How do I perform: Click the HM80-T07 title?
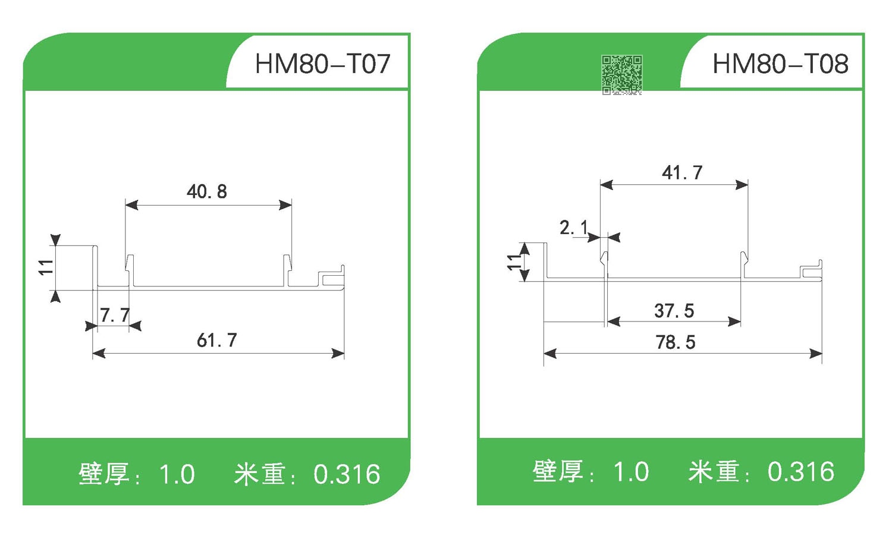[x=322, y=64]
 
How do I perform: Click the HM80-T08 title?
[x=780, y=64]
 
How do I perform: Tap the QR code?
[x=621, y=75]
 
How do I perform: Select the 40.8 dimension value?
[x=207, y=192]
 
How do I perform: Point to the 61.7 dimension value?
[x=217, y=340]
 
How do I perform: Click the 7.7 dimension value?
[x=115, y=315]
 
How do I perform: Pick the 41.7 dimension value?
[x=682, y=173]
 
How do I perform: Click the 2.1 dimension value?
[x=574, y=228]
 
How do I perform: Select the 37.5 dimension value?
[x=674, y=311]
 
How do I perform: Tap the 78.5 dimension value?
[x=676, y=342]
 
